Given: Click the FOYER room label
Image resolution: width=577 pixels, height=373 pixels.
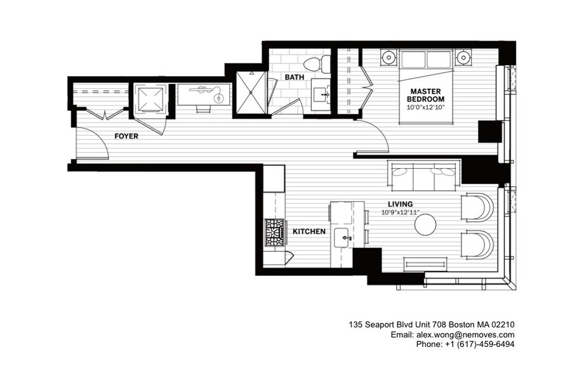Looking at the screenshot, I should tap(126, 136).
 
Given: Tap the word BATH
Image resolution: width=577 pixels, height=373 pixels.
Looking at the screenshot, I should tap(294, 77).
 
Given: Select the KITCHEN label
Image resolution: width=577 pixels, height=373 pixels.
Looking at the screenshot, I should tap(309, 232).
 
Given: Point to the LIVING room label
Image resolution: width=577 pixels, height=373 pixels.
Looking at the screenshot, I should tap(401, 204).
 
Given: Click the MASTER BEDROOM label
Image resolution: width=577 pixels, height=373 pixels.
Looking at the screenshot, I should tap(425, 95).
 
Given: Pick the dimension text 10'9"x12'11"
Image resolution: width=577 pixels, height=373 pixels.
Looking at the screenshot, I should tap(401, 213).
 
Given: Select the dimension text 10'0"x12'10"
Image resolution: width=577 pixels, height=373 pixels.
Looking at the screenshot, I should tap(425, 107).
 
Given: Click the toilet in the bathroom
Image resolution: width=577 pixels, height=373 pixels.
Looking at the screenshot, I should tap(316, 63).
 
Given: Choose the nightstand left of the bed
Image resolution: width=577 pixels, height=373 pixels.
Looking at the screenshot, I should tap(388, 58).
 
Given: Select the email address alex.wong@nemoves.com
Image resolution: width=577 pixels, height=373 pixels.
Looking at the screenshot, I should tap(465, 334).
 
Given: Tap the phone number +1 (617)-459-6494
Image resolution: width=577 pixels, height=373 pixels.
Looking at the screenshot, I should tap(474, 344).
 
